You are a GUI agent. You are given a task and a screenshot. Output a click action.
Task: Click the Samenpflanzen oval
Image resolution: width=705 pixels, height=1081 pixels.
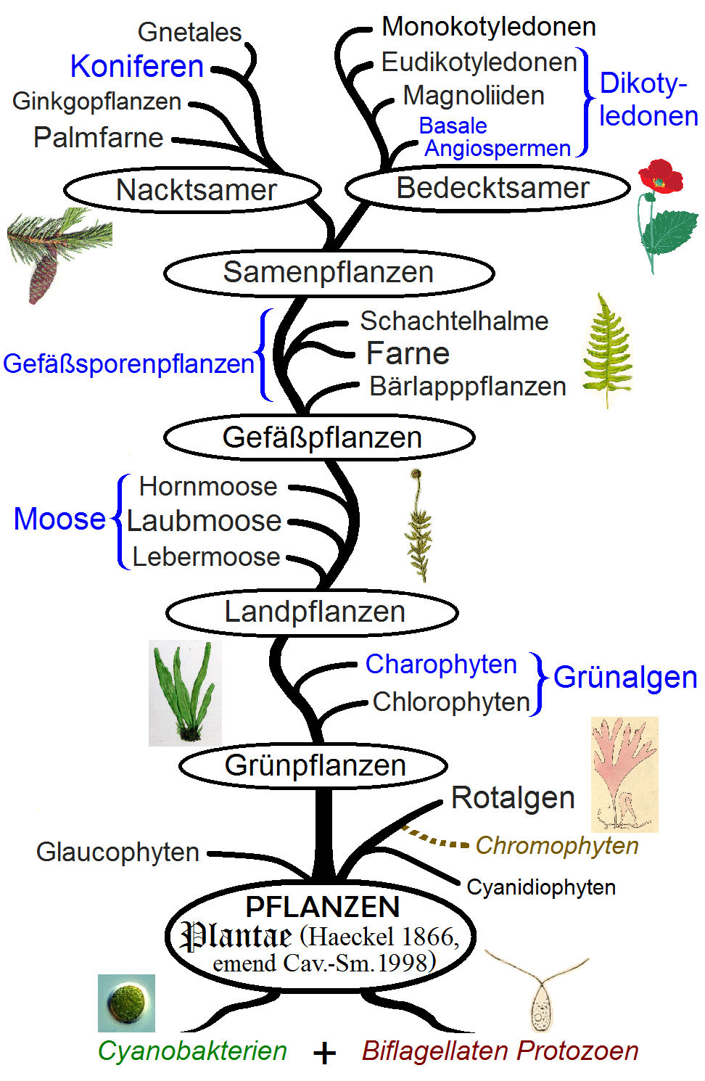pyautogui.click(x=329, y=273)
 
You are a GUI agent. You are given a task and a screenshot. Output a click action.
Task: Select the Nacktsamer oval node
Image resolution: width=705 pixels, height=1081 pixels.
pyautogui.click(x=193, y=190)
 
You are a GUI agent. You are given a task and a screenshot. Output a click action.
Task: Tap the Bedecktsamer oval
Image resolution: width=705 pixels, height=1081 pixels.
pyautogui.click(x=487, y=188)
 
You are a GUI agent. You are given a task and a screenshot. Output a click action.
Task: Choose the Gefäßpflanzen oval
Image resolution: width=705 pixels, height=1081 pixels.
pyautogui.click(x=320, y=437)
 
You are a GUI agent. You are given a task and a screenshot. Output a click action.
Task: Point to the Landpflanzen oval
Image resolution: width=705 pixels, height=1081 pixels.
pyautogui.click(x=313, y=612)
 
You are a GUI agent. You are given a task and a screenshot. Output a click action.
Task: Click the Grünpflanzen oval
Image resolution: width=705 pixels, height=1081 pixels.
pyautogui.click(x=313, y=765)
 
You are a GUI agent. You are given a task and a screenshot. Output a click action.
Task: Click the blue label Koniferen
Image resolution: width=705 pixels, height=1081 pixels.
pyautogui.click(x=137, y=66)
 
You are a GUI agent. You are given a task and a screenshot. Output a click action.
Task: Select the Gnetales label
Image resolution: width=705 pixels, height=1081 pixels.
pyautogui.click(x=189, y=32)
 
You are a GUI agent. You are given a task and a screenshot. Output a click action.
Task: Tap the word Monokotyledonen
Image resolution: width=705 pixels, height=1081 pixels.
pyautogui.click(x=489, y=27)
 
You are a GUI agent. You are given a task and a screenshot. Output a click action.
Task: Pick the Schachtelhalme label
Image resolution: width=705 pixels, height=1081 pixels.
pyautogui.click(x=454, y=321)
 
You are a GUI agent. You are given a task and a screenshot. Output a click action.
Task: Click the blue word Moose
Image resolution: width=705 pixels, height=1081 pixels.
pyautogui.click(x=59, y=519)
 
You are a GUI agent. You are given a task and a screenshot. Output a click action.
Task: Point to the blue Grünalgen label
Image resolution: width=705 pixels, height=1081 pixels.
pyautogui.click(x=625, y=677)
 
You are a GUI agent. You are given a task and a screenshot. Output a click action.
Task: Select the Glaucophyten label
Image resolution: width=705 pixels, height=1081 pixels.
pyautogui.click(x=117, y=852)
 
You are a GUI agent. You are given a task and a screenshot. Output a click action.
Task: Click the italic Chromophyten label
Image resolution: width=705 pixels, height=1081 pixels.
pyautogui.click(x=557, y=845)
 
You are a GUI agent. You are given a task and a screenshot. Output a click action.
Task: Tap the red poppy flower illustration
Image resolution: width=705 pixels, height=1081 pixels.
pyautogui.click(x=660, y=178)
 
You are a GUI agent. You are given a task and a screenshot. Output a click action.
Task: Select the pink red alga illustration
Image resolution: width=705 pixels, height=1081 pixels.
pyautogui.click(x=624, y=773)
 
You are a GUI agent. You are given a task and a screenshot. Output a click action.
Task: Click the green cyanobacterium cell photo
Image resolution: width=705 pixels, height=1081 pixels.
pyautogui.click(x=127, y=1003)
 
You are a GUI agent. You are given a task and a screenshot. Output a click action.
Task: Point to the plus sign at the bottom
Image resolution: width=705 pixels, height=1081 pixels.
pyautogui.click(x=325, y=1053)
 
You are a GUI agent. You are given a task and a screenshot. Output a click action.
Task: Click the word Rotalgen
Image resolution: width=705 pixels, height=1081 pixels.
pyautogui.click(x=513, y=797)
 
